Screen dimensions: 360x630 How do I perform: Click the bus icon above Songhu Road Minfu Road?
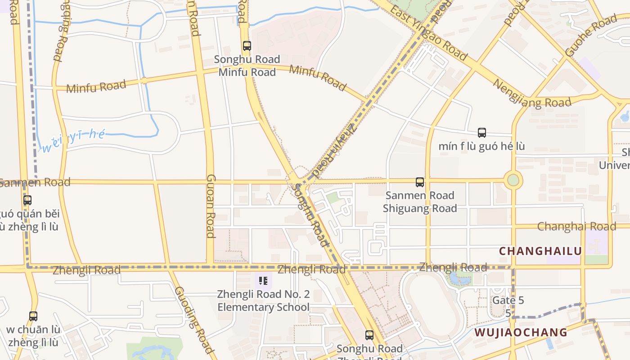[247, 45]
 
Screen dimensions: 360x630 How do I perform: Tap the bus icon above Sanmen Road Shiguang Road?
[420, 182]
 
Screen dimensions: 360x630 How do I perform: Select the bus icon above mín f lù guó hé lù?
[482, 133]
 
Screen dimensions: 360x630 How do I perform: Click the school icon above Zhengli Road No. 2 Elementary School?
[263, 281]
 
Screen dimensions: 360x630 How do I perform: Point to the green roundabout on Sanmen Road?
[513, 180]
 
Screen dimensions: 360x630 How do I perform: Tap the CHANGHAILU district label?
[540, 251]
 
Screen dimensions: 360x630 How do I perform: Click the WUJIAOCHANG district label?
[521, 333]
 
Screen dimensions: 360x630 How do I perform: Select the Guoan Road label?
[211, 206]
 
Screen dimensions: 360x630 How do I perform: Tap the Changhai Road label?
[576, 226]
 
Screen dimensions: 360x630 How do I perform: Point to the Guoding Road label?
[194, 319]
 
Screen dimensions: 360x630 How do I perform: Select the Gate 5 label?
[508, 300]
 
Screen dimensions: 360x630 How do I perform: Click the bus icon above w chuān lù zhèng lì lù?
[33, 316]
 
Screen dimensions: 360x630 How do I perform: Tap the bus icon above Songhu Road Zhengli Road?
[369, 335]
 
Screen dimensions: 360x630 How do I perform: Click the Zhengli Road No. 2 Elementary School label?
[263, 301]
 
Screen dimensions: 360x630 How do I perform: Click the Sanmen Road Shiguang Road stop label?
[420, 202]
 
